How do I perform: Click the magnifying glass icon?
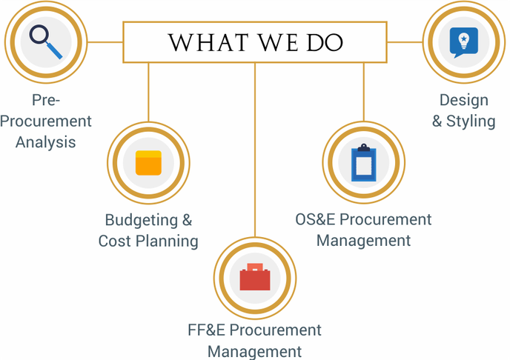pyautogui.click(x=45, y=41)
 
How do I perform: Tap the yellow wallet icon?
pyautogui.click(x=148, y=163)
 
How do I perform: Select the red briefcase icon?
pyautogui.click(x=255, y=278)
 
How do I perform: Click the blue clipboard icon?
pyautogui.click(x=363, y=163)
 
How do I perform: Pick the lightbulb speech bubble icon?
pyautogui.click(x=463, y=41)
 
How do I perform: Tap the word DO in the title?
pyautogui.click(x=324, y=43)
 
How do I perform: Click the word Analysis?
pyautogui.click(x=46, y=141)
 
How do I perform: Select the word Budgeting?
pyautogui.click(x=141, y=220)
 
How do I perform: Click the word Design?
pyautogui.click(x=464, y=100)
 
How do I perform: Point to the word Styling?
pyautogui.click(x=471, y=121)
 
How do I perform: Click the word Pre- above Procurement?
pyautogui.click(x=46, y=100)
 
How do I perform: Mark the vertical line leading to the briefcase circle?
pyautogui.click(x=255, y=148)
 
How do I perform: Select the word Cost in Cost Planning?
pyautogui.click(x=115, y=241)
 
